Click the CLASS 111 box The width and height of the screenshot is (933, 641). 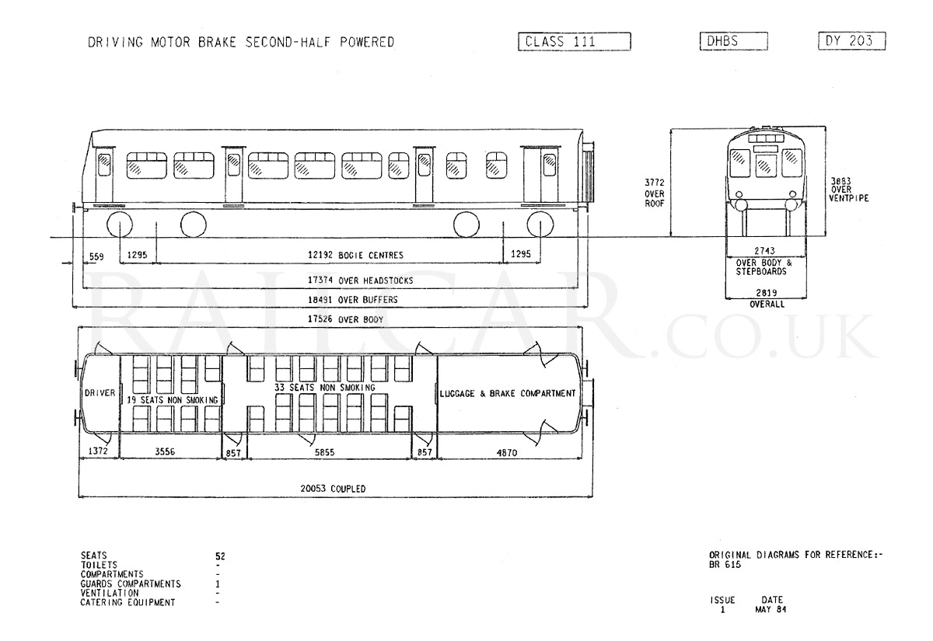pos(575,42)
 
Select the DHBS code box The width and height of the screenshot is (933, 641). pos(733,41)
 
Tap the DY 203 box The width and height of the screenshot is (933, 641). pos(852,40)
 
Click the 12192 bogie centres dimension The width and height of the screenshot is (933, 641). pos(355,255)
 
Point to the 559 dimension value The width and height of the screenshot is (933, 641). pos(96,256)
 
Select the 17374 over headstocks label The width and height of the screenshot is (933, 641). pos(360,280)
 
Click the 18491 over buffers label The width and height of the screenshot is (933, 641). pos(352,300)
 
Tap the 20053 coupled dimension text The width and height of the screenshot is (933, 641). pos(333,489)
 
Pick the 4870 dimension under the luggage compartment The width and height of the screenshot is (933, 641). pos(506,452)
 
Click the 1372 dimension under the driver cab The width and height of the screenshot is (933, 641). pos(98,451)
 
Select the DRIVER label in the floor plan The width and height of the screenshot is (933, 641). pos(100,393)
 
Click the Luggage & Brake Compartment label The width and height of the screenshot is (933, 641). pos(507,393)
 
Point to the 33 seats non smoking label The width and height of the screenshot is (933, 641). pos(324,388)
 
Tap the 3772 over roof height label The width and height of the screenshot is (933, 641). pos(655,193)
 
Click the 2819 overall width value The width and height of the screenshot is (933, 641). pos(767,293)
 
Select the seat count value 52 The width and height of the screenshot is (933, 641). pos(220,556)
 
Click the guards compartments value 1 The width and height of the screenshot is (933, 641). pos(218,584)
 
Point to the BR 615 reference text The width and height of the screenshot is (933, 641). pos(725,565)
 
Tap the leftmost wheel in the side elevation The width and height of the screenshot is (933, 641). pos(120,224)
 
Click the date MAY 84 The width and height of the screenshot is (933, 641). pos(771,609)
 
